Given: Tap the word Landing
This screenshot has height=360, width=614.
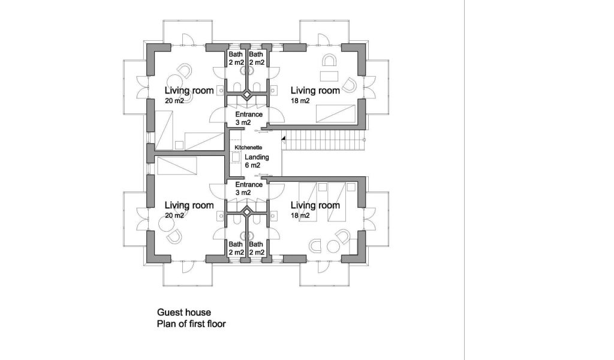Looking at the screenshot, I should point(257,157).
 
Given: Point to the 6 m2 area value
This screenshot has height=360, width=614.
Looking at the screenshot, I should point(252,165).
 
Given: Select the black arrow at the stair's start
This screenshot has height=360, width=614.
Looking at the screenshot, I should point(283,139).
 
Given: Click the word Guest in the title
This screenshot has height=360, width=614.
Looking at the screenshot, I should point(168,313).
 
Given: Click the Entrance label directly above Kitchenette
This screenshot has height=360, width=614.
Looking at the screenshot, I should point(248,114).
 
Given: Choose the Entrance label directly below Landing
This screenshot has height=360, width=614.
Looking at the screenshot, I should point(248,184).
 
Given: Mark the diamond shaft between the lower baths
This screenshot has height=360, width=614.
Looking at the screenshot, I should point(246,211).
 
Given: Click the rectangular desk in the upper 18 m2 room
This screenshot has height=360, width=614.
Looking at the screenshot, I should point(330,76).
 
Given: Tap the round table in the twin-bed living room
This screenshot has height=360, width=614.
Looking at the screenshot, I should point(316,245).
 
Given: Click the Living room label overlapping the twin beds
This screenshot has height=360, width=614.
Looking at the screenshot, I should point(315,206).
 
